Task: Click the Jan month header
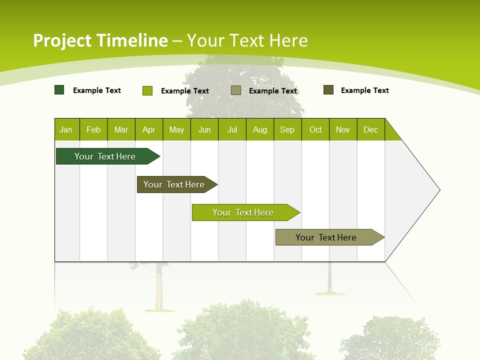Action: [x=66, y=129]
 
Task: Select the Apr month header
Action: [x=149, y=129]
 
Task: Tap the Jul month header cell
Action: [x=232, y=129]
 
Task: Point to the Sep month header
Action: [x=287, y=129]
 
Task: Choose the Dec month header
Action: [x=370, y=129]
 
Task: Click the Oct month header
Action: [x=315, y=129]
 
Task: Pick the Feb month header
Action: [x=93, y=129]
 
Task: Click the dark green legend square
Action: [x=59, y=90]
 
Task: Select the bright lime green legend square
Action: [x=147, y=90]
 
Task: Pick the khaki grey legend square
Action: [x=236, y=90]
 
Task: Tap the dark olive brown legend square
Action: [x=328, y=90]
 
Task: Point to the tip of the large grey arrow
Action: [x=438, y=190]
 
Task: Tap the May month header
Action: [x=176, y=129]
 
